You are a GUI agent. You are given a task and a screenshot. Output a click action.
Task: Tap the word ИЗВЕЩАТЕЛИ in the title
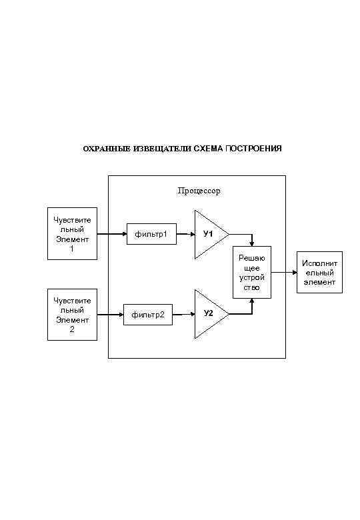point(149,148)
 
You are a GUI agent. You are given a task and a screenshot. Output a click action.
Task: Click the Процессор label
point(199,191)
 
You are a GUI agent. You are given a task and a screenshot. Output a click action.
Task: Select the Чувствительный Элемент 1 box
point(73,234)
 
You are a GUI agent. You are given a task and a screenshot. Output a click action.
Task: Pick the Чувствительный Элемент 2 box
point(73,314)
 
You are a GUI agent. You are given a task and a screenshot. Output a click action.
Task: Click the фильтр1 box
point(151,234)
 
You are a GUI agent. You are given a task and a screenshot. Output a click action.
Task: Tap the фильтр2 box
point(148,314)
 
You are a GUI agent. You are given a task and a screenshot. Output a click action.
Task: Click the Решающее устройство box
point(252,273)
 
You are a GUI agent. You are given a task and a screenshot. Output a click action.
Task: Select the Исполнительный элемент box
point(318,273)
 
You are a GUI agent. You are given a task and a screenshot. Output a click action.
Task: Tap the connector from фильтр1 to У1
point(185,234)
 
